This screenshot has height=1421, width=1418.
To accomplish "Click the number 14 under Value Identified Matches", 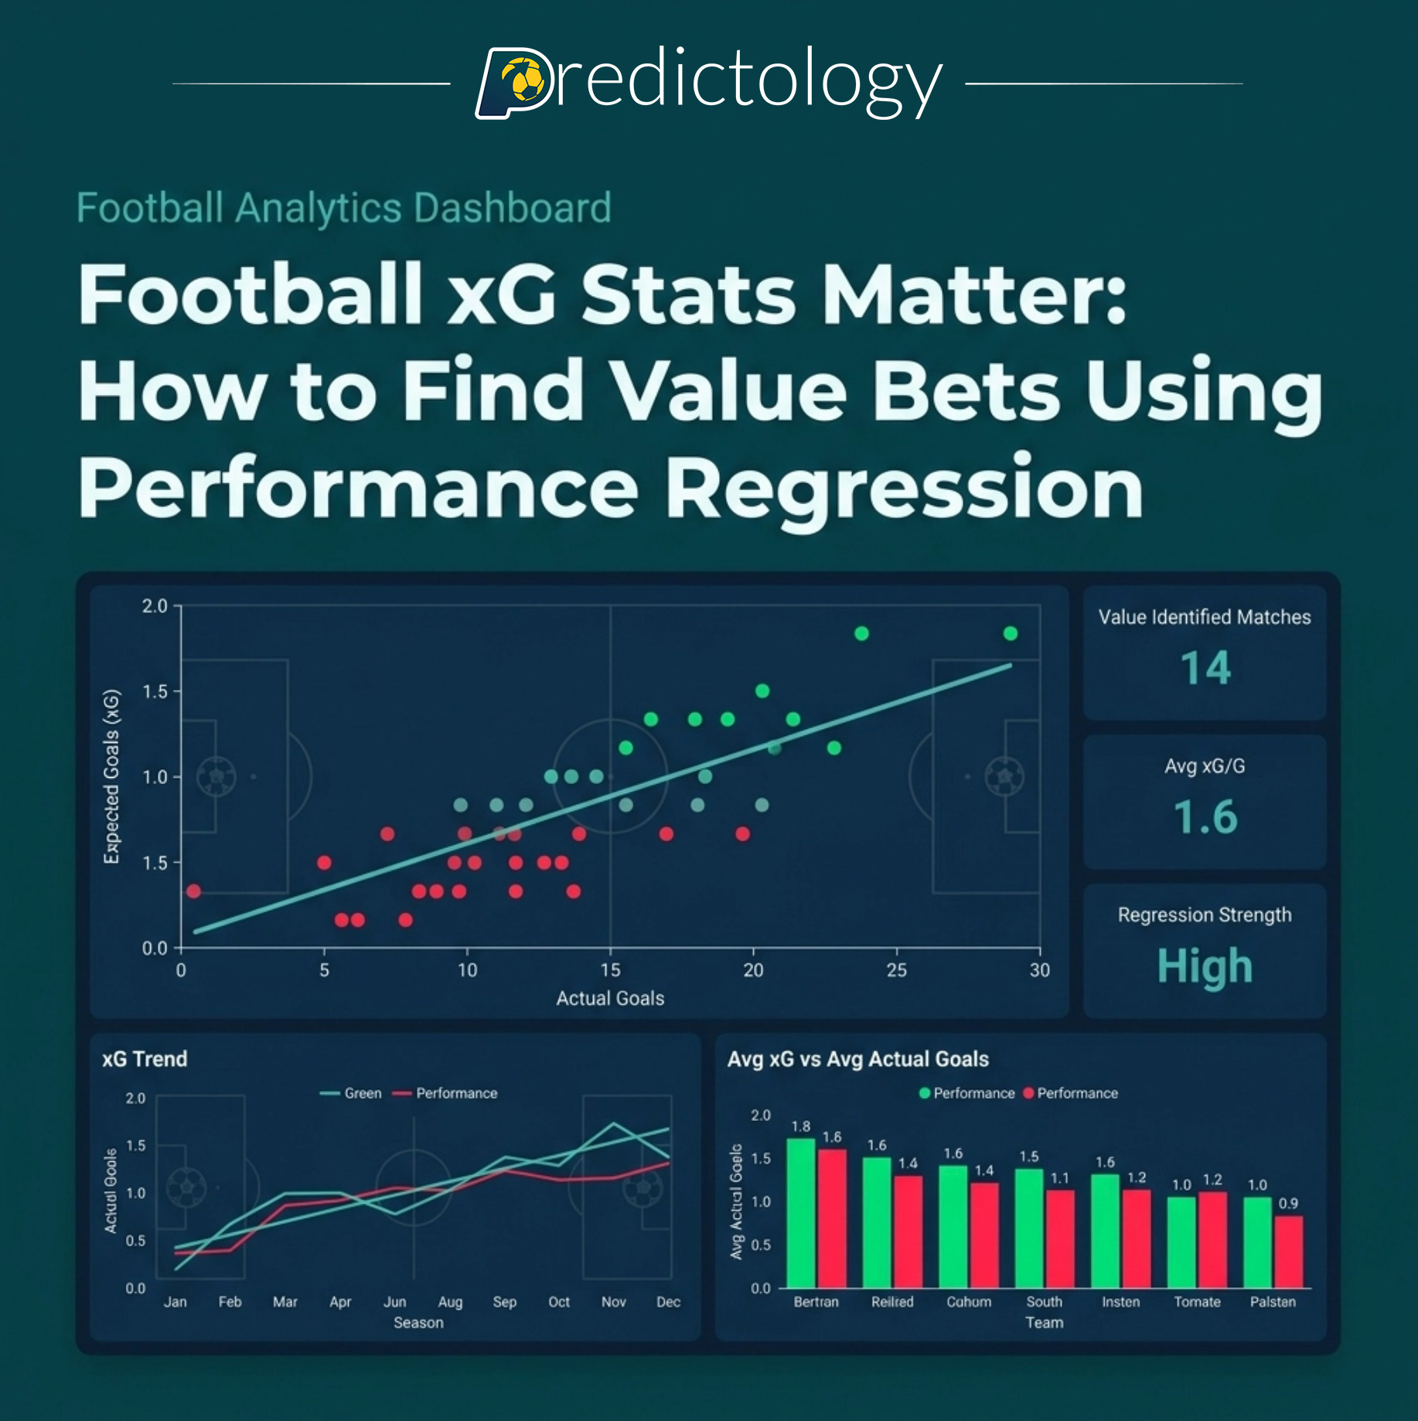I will tap(1205, 669).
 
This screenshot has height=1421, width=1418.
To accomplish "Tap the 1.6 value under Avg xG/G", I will tap(1205, 817).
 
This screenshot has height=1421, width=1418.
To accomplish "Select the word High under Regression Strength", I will tap(1205, 966).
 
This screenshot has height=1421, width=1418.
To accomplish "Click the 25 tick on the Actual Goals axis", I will tap(896, 970).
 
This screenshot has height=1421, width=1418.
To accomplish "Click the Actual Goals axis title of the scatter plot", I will tap(610, 998).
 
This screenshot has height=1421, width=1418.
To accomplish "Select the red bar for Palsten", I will tap(1288, 1252).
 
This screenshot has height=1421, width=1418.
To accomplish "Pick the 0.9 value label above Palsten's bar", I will tap(1288, 1203).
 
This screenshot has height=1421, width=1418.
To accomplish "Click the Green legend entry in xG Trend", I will tap(352, 1093).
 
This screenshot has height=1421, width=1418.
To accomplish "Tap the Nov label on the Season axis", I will tap(613, 1302).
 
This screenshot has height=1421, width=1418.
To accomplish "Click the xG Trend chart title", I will tap(145, 1058).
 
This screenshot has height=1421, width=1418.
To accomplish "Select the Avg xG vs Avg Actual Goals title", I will tap(857, 1058).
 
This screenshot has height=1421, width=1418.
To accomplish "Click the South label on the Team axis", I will tap(1044, 1302).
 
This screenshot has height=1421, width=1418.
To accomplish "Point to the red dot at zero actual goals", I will tap(193, 891).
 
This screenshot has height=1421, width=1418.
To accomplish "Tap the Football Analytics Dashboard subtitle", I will tap(344, 208).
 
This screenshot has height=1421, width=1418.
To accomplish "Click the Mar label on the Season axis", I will tap(285, 1302).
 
